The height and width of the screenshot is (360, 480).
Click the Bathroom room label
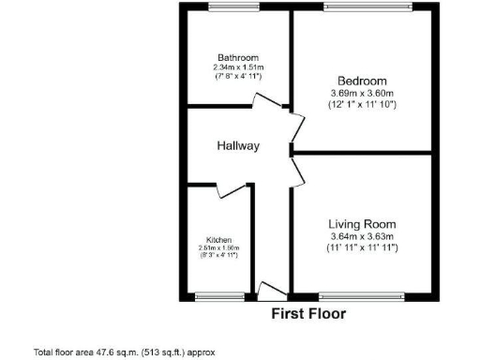237,57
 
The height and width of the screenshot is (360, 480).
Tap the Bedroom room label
362,80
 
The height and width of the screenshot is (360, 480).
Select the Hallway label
238,146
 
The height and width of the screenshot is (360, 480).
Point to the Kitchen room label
219,239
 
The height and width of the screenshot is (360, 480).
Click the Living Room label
362,224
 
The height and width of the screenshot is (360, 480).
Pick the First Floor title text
308,314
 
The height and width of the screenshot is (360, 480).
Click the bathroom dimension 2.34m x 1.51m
237,67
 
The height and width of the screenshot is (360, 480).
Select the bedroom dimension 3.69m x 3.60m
362,93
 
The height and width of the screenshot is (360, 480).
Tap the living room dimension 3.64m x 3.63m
362,236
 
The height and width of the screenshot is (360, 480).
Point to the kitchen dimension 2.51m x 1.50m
219,247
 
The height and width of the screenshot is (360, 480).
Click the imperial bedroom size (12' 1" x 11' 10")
362,105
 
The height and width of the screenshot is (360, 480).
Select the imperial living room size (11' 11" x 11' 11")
362,248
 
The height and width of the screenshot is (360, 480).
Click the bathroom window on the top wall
233,7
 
